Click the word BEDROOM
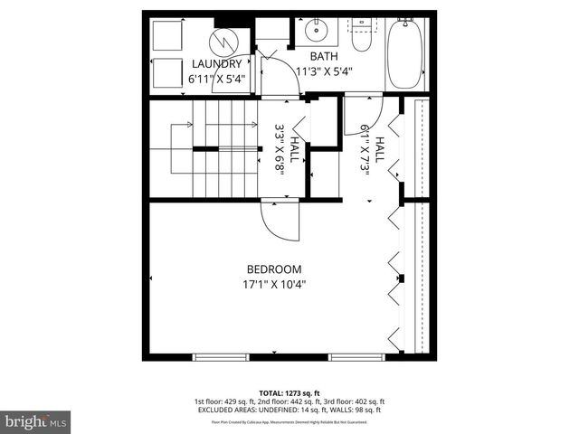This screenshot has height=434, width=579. coord(274,269)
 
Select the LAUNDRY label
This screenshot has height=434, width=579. coord(216,64)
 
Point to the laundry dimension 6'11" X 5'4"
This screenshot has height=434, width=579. coord(216,79)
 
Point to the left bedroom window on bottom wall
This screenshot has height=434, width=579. coord(221,356)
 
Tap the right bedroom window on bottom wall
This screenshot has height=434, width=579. coord(356,356)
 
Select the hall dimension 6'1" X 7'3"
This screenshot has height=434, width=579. coord(373,149)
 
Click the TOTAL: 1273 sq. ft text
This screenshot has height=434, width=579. coord(289,392)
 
